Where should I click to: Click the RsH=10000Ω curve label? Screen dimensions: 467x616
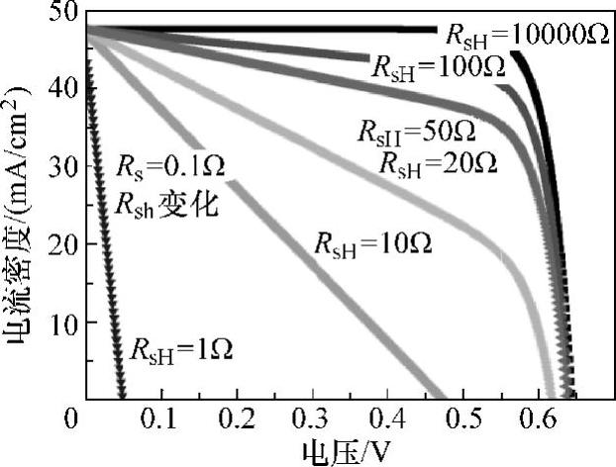pyautogui.click(x=525, y=35)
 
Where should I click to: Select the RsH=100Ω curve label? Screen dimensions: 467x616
pyautogui.click(x=437, y=67)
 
